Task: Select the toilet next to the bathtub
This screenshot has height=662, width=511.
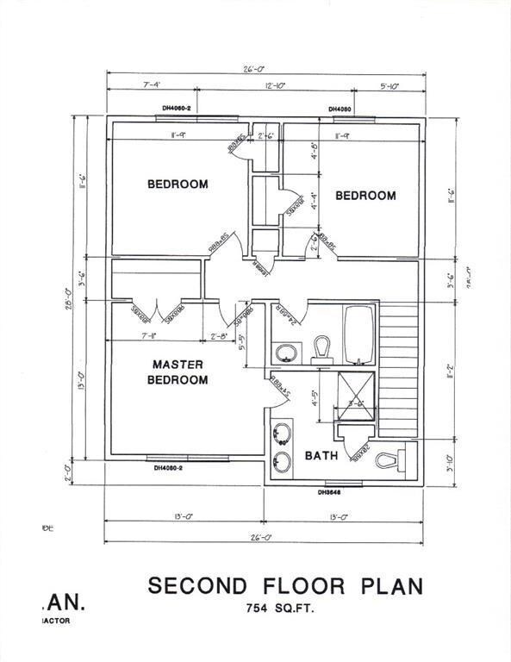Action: point(321,347)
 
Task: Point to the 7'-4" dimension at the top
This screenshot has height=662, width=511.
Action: point(153,84)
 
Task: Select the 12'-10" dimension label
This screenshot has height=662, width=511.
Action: point(276,84)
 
